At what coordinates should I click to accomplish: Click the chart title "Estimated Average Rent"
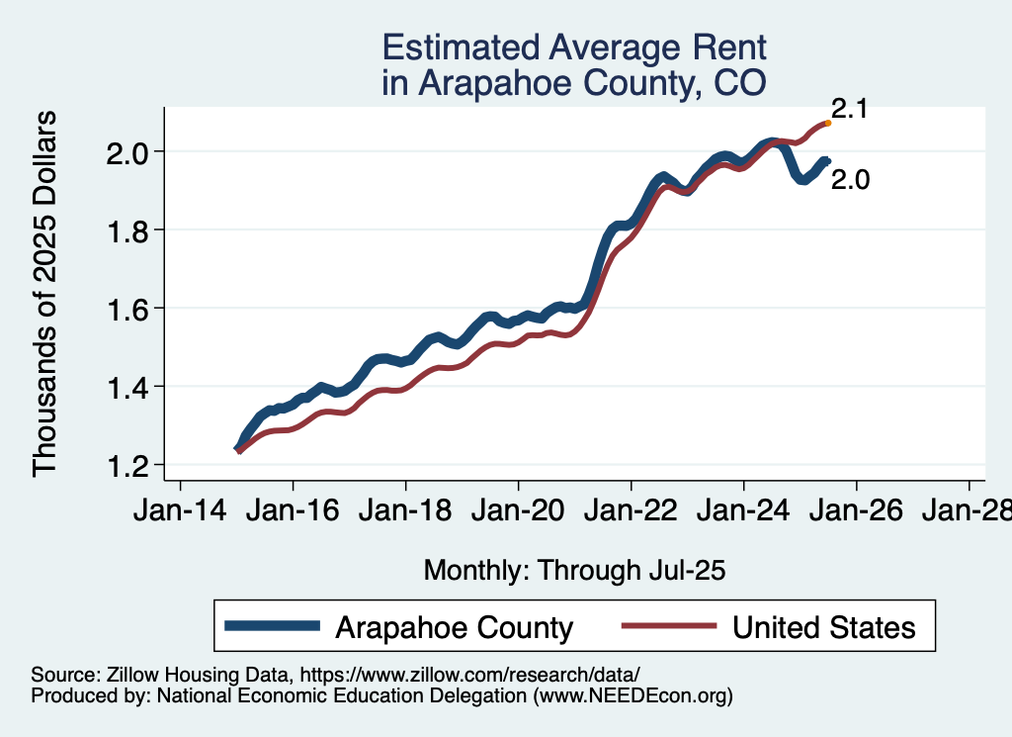pyautogui.click(x=573, y=47)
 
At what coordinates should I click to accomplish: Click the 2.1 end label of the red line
pyautogui.click(x=849, y=110)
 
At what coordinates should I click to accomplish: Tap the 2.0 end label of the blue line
pyautogui.click(x=850, y=180)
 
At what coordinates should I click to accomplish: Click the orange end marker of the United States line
pyautogui.click(x=827, y=123)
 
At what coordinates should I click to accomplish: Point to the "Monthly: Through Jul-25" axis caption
pyautogui.click(x=574, y=570)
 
